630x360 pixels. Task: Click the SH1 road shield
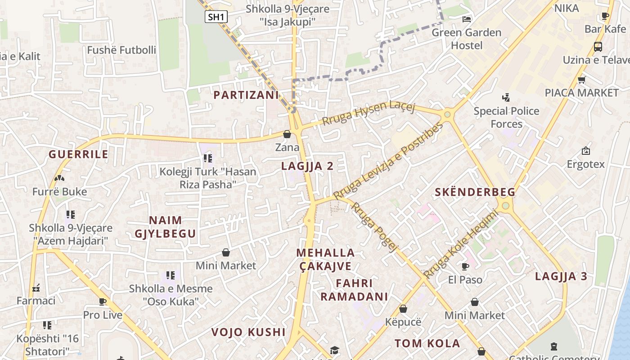(216, 17)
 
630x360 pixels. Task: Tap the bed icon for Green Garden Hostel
(467, 19)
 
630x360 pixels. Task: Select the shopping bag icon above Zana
(287, 134)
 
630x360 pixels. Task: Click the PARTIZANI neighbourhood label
(246, 95)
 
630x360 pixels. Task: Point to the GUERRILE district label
(79, 154)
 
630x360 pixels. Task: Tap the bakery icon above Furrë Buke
(59, 178)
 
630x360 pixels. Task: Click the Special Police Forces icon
(506, 97)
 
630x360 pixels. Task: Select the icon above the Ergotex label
(585, 151)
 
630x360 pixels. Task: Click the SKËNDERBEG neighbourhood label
(475, 192)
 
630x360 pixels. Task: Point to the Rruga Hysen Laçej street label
(369, 113)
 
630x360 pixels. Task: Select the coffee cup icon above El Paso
(465, 266)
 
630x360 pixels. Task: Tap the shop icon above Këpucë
(403, 309)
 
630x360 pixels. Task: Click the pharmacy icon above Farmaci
(36, 288)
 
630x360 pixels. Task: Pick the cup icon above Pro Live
(103, 301)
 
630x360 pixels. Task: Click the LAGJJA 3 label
(561, 276)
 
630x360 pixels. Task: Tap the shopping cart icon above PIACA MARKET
(581, 80)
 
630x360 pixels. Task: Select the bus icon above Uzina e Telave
(598, 46)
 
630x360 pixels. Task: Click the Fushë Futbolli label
(121, 50)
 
